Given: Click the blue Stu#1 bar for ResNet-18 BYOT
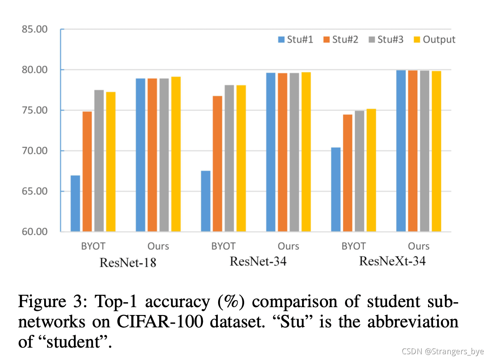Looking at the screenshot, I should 75,203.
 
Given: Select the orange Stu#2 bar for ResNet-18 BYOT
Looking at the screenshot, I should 87,171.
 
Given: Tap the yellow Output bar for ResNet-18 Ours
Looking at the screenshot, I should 176,154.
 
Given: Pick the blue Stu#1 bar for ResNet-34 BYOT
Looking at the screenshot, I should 206,201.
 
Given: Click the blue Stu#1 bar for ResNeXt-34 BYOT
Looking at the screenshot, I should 336,189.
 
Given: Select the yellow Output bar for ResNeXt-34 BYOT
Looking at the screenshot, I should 371,170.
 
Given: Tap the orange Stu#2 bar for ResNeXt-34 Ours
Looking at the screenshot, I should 413,151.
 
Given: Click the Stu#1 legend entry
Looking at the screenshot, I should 296,40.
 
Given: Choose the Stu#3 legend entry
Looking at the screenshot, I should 385,40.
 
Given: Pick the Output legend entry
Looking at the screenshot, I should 434,40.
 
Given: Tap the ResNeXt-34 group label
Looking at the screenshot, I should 392,261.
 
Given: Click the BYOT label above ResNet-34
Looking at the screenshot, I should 223,246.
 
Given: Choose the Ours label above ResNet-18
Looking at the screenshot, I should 158,246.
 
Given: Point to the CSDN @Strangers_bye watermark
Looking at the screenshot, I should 442,351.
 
